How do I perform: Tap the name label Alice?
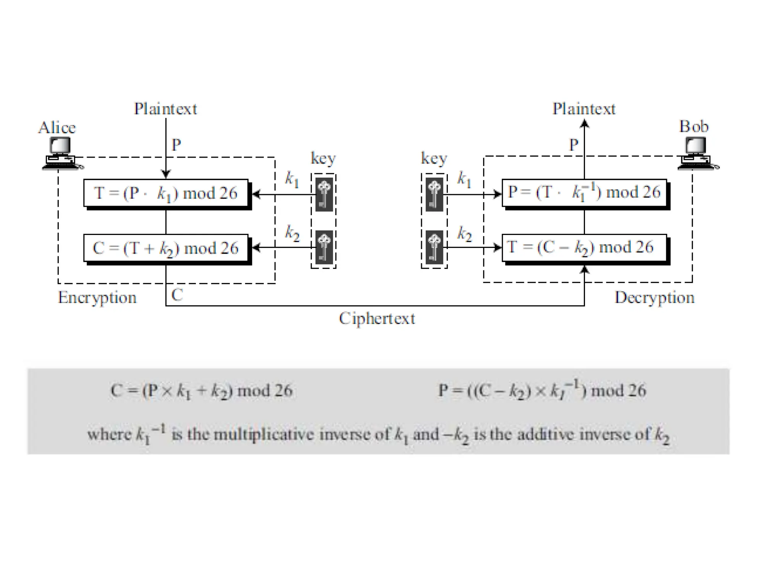click(x=57, y=128)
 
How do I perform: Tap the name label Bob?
click(x=693, y=127)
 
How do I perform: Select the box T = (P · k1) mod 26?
click(x=166, y=193)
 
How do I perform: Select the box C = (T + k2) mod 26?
click(x=166, y=248)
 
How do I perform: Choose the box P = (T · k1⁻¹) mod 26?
click(x=584, y=192)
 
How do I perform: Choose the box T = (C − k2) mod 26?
click(x=584, y=248)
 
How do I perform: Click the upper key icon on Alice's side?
click(x=324, y=195)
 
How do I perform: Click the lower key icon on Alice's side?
click(x=324, y=247)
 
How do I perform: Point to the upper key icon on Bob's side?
click(x=434, y=195)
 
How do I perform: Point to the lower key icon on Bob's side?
click(x=434, y=247)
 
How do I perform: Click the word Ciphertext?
click(x=377, y=319)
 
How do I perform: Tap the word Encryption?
click(x=97, y=298)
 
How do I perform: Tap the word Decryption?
click(x=654, y=298)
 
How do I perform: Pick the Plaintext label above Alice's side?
click(x=165, y=109)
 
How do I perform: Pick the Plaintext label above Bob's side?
click(x=584, y=109)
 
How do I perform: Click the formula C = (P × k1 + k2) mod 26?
click(x=202, y=391)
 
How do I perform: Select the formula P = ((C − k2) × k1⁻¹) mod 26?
click(x=542, y=390)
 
